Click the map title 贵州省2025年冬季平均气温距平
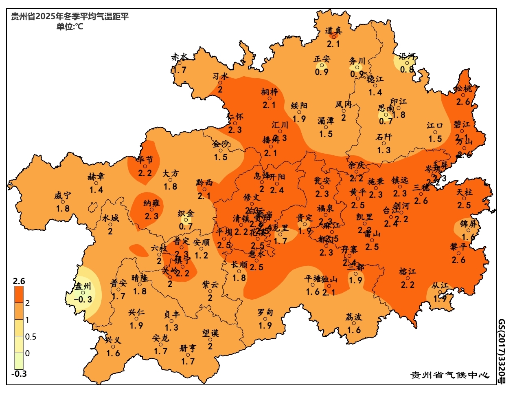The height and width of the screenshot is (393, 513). [70, 17]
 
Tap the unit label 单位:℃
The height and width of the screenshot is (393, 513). [70, 27]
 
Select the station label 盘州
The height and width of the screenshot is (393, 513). [83, 286]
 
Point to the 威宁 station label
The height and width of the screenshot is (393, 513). [62, 196]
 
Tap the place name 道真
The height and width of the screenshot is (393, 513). [333, 30]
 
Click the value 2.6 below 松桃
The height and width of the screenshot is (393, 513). [463, 102]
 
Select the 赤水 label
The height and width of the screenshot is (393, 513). [179, 57]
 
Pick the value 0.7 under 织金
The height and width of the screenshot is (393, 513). [186, 226]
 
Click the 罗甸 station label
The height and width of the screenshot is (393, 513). [265, 312]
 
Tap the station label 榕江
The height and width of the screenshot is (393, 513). [407, 272]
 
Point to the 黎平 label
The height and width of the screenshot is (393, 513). [458, 247]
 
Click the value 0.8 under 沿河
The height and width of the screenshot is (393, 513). [407, 69]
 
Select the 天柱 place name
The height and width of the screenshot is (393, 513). [464, 192]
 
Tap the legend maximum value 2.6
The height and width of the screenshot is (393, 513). [19, 281]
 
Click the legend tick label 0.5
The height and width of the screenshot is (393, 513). [31, 337]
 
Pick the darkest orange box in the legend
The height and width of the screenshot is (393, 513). [19, 294]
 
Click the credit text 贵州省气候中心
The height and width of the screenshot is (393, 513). [449, 375]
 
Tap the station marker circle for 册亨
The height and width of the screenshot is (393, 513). [188, 355]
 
